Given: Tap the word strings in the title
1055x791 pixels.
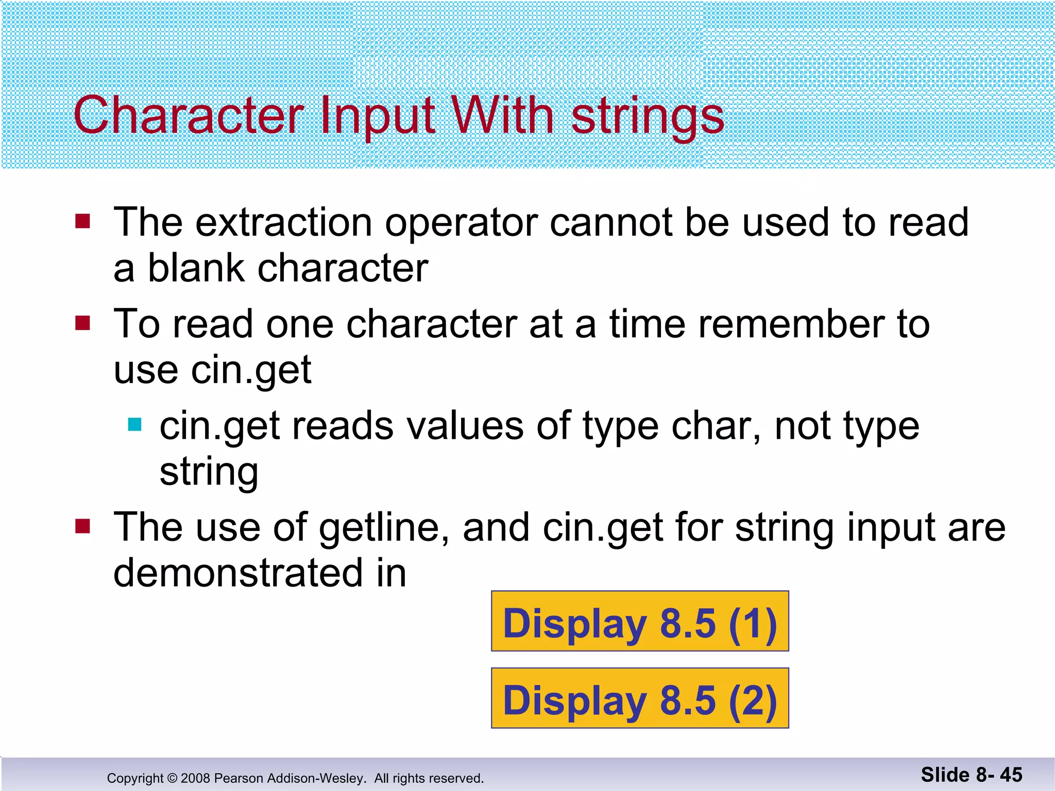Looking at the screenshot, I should click(x=648, y=117).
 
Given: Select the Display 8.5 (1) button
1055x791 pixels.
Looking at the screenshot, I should click(x=640, y=622).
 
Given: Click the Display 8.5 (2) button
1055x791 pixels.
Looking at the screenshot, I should click(x=640, y=698).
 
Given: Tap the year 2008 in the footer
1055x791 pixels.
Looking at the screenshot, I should click(x=195, y=778).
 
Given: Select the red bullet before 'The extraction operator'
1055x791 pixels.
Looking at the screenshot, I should click(x=82, y=221).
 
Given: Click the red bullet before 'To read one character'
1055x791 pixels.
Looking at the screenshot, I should click(x=82, y=323).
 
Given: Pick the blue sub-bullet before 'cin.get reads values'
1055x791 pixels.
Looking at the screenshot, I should click(x=134, y=424).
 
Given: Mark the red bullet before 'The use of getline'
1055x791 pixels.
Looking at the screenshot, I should click(x=82, y=526).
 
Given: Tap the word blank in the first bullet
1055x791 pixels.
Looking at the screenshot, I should click(x=196, y=268).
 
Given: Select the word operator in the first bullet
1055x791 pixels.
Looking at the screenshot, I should click(x=461, y=223).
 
